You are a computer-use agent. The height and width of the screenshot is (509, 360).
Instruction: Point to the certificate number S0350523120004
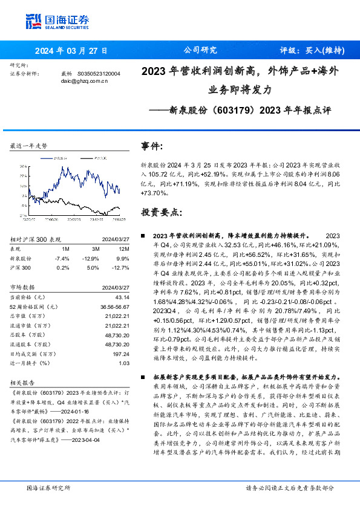coord(99,73)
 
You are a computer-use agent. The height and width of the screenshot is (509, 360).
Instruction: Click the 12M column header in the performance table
coord(123,248)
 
